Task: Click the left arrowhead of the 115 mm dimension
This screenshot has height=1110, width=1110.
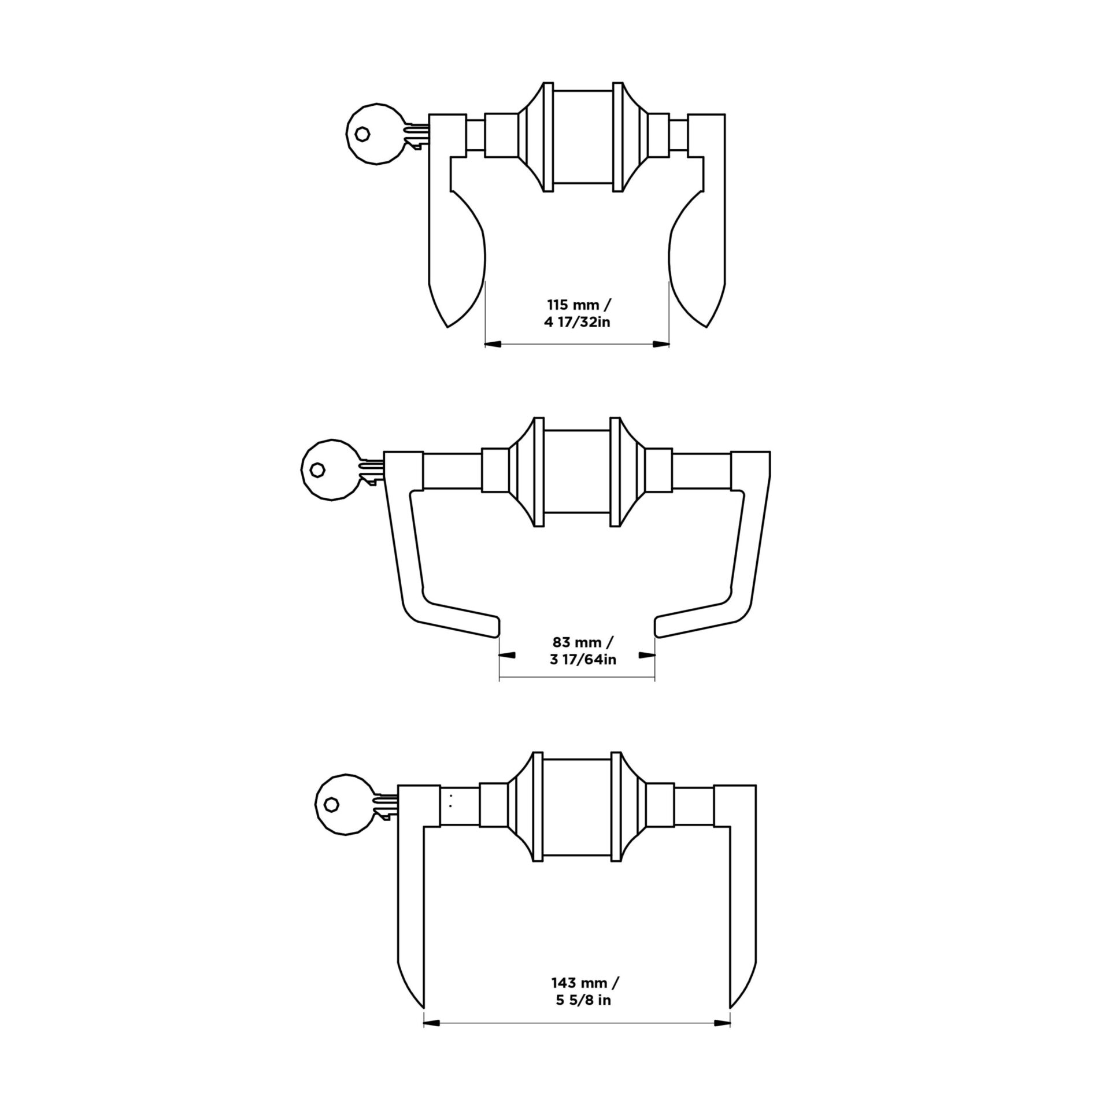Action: pos(493,345)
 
